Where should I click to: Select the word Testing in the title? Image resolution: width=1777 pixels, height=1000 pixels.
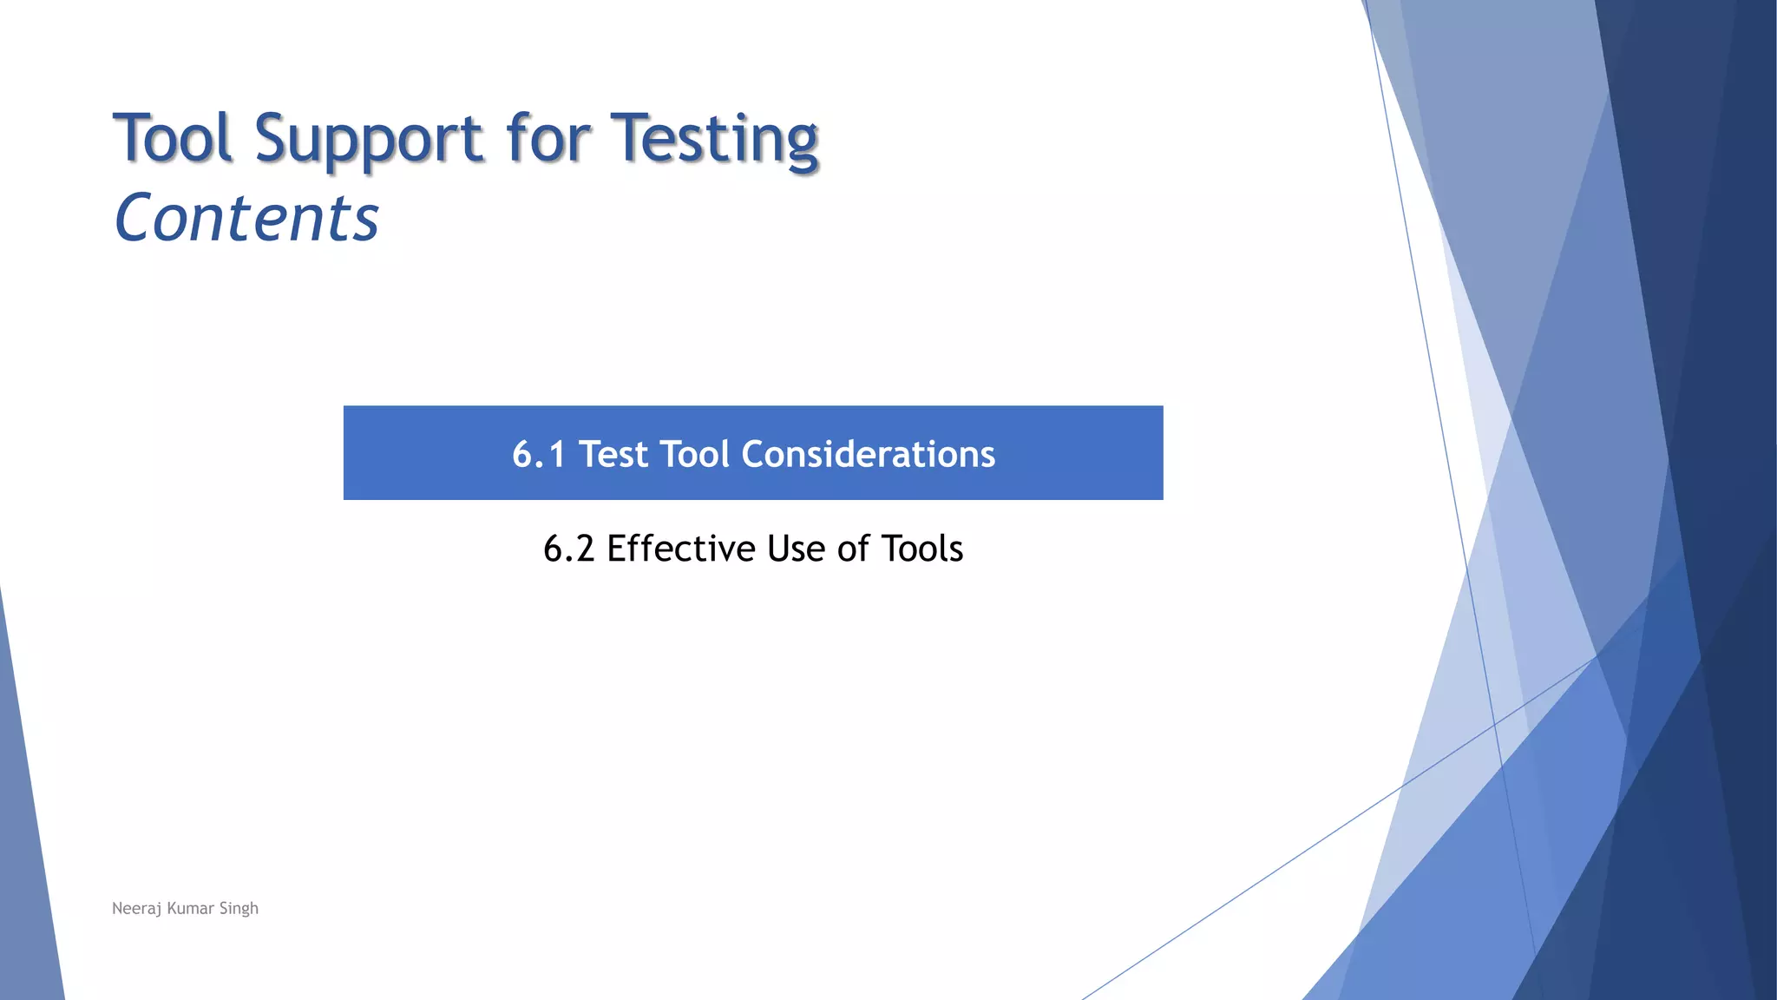(x=714, y=139)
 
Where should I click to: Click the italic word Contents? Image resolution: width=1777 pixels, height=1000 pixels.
(x=246, y=217)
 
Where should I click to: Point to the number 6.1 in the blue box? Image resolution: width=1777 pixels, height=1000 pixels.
(x=538, y=454)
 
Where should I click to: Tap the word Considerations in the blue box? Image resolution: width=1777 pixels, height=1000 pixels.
(x=868, y=454)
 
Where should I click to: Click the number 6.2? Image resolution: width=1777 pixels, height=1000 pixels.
(x=568, y=549)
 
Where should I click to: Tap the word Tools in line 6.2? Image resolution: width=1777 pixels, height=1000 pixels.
(x=921, y=549)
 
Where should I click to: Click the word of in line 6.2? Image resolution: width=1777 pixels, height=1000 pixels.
(x=853, y=549)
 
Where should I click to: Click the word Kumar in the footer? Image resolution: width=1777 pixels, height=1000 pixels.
(x=190, y=908)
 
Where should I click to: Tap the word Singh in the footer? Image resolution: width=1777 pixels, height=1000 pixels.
(x=239, y=909)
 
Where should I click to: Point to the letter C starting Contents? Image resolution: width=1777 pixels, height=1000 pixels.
(x=135, y=217)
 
